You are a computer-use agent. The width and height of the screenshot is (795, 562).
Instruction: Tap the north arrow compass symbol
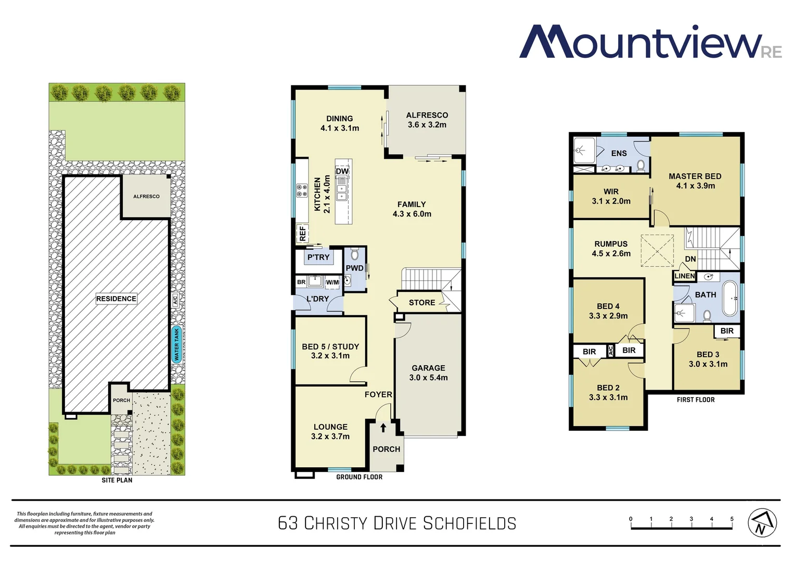pos(762,522)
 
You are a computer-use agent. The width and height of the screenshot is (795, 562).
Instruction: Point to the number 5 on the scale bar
pos(732,519)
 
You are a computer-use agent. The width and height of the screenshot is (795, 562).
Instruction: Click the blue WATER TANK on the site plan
pos(176,344)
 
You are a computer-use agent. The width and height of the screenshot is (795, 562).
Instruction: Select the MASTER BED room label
pos(695,176)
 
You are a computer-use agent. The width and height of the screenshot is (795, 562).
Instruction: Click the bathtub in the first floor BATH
pos(730,299)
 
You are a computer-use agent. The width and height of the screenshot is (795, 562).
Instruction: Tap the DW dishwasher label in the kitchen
pos(342,171)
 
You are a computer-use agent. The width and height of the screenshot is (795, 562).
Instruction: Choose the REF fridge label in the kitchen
pos(302,234)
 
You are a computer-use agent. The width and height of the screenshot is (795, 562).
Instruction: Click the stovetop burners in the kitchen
pos(302,190)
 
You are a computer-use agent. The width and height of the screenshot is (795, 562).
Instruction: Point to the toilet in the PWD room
pos(355,254)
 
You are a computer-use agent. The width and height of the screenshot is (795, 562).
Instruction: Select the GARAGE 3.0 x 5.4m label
pos(428,373)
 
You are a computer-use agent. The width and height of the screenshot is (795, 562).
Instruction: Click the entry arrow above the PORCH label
pos(383,428)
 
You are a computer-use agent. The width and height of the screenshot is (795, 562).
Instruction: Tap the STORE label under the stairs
pos(421,302)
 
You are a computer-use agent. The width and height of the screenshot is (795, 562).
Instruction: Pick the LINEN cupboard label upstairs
pos(684,276)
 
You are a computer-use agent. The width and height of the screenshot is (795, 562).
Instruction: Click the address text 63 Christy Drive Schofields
pos(397,523)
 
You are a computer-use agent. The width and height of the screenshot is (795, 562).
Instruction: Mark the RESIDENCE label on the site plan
pos(116,299)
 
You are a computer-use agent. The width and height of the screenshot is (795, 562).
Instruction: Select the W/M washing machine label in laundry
pos(332,283)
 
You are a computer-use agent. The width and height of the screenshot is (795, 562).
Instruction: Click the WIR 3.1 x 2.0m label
pos(611,196)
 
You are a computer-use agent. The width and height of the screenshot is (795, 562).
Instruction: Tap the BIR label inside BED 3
pos(727,331)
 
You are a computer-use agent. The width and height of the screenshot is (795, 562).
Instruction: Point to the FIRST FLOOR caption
pos(695,400)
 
